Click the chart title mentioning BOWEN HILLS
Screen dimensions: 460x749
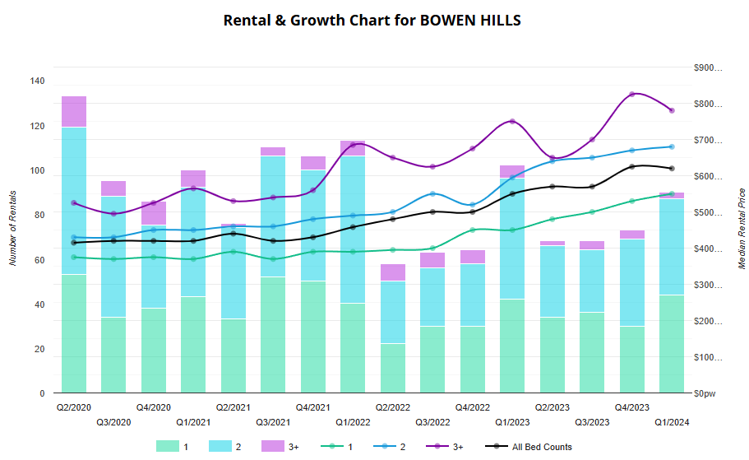click(372, 20)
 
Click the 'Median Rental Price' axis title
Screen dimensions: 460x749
click(742, 230)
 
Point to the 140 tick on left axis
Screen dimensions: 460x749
click(37, 81)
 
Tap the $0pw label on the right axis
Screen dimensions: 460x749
click(704, 394)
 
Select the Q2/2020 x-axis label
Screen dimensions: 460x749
click(73, 407)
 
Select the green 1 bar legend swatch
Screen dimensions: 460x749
click(167, 447)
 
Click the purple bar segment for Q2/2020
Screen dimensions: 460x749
click(74, 112)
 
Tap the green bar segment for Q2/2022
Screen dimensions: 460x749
click(392, 368)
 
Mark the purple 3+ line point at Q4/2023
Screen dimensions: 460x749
click(631, 95)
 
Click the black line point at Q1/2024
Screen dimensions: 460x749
click(672, 169)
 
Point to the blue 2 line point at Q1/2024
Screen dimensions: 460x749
click(672, 147)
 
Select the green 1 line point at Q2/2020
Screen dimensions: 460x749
click(74, 258)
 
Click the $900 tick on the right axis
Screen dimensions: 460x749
click(706, 68)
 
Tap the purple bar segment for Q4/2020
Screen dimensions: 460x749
click(154, 213)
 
